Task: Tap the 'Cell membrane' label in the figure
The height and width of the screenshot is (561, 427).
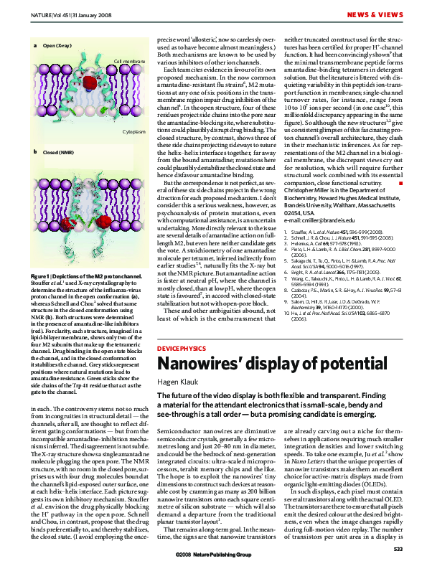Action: coord(129,61)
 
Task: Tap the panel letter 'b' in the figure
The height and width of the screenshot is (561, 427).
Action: coord(35,152)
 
